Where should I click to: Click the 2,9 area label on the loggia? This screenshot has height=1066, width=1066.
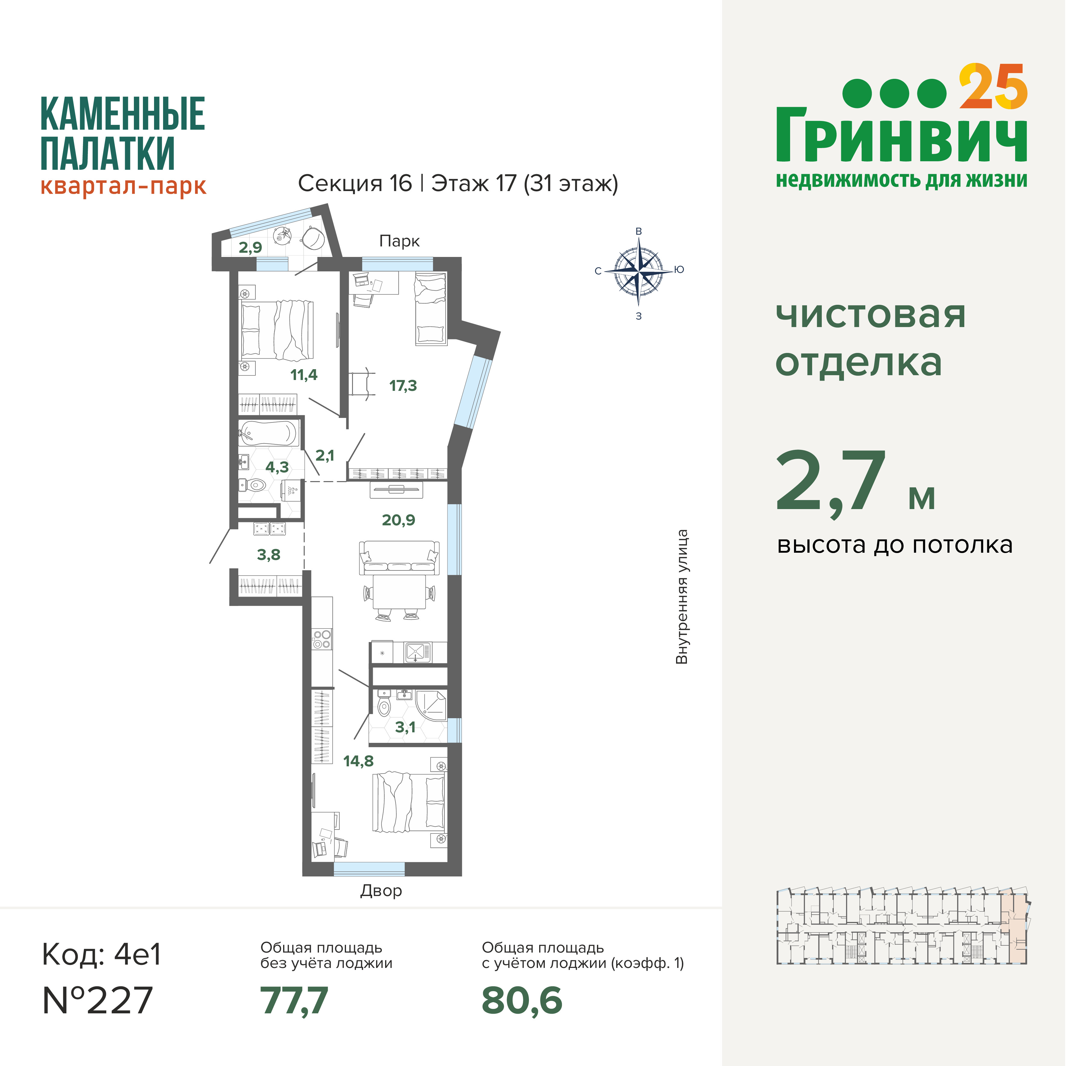[251, 247]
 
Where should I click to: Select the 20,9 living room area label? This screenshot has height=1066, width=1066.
[398, 520]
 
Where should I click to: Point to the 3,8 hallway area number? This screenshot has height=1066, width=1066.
[269, 555]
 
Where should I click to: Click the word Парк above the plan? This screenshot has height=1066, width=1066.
[400, 241]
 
